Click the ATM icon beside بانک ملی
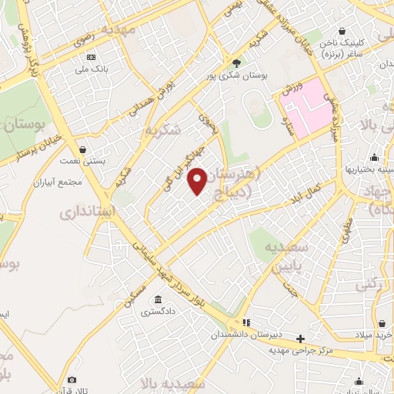click(92, 57)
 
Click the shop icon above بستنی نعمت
click(82, 149)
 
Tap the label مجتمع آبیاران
click(58, 183)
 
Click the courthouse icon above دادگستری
click(158, 300)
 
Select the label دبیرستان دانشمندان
click(244, 336)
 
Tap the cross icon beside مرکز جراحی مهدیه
click(300, 338)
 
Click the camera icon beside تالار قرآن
click(72, 380)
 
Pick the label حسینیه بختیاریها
click(369, 169)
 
